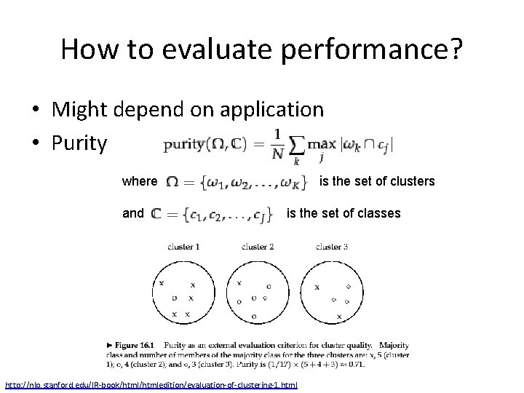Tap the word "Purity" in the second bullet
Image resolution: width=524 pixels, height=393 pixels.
79,143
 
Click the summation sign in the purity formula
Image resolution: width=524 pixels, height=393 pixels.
298,144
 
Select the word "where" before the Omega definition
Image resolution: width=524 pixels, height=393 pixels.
140,180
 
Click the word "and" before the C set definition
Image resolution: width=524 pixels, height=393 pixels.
133,213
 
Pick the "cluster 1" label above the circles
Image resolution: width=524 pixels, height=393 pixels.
183,247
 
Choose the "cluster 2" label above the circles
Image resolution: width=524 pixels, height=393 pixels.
258,247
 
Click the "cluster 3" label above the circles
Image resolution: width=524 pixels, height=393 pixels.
331,247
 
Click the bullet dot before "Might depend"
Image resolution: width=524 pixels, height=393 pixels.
36,111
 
